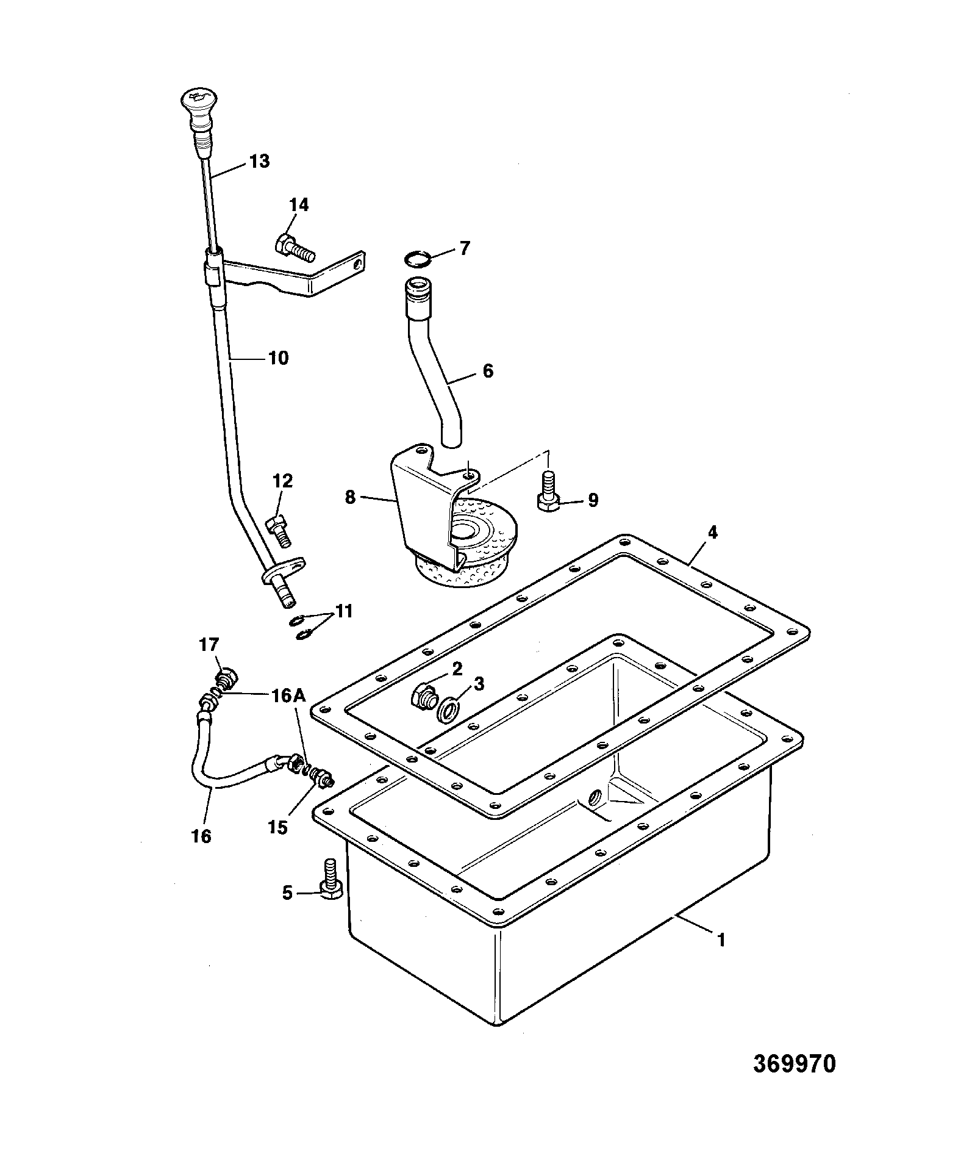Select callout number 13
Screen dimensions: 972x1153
point(259,162)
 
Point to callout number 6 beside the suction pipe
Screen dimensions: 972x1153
point(488,370)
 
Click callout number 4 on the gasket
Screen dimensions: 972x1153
point(712,532)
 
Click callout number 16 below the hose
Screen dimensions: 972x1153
point(201,836)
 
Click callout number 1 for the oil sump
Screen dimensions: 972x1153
point(720,957)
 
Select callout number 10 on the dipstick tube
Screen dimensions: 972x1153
point(278,358)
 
